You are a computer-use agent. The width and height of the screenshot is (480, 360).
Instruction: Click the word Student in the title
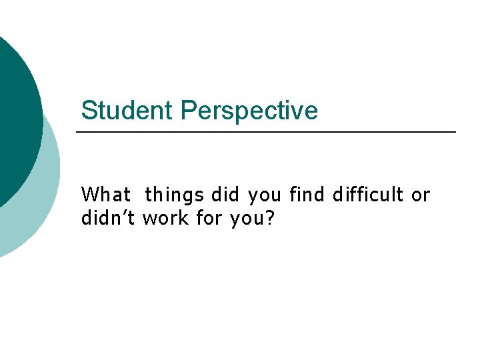[127, 111]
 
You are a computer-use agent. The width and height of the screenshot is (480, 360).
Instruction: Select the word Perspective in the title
[249, 111]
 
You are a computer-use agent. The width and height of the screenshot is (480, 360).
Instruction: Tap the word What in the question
[105, 195]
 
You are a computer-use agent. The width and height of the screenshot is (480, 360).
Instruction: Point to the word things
[174, 195]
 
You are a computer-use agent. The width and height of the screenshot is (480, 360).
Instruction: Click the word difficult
[369, 195]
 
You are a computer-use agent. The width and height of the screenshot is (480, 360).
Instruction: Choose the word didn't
[108, 218]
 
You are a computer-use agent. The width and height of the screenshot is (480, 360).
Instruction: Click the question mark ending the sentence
[269, 218]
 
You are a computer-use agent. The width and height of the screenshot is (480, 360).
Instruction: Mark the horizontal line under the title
[267, 132]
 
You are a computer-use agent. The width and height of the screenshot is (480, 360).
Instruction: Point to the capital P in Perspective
[188, 111]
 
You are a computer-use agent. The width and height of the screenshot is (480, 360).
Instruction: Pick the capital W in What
[89, 195]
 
